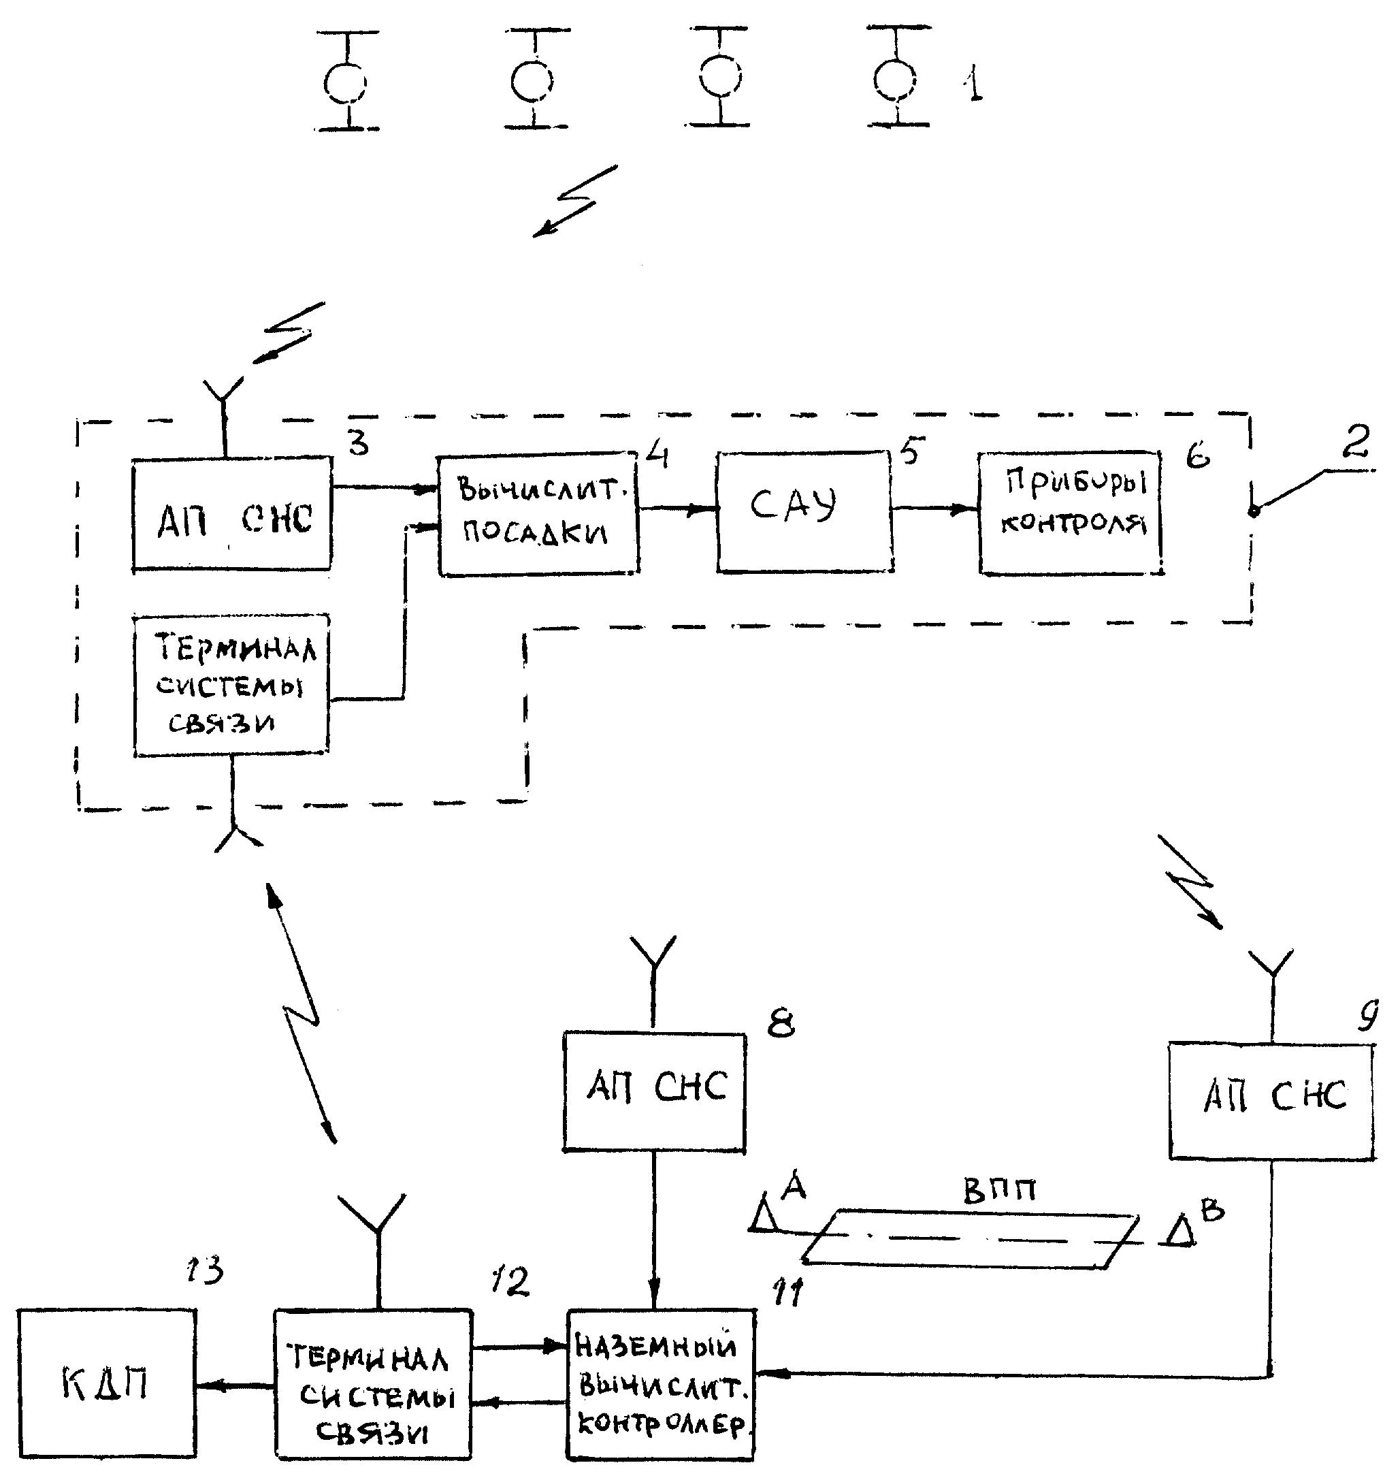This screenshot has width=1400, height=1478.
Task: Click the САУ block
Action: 804,512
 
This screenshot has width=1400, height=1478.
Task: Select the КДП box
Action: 107,1383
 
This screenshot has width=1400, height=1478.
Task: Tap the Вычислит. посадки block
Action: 538,513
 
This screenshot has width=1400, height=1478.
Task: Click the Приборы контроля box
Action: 1071,512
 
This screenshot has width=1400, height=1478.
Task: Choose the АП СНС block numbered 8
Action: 655,1091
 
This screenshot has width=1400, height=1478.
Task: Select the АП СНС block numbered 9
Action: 1271,1101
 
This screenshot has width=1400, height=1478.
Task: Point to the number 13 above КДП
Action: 204,1269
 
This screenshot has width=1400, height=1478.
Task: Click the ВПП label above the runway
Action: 999,1191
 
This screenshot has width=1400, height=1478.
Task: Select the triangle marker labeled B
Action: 1181,1233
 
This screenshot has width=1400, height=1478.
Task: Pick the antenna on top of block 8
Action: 654,959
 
